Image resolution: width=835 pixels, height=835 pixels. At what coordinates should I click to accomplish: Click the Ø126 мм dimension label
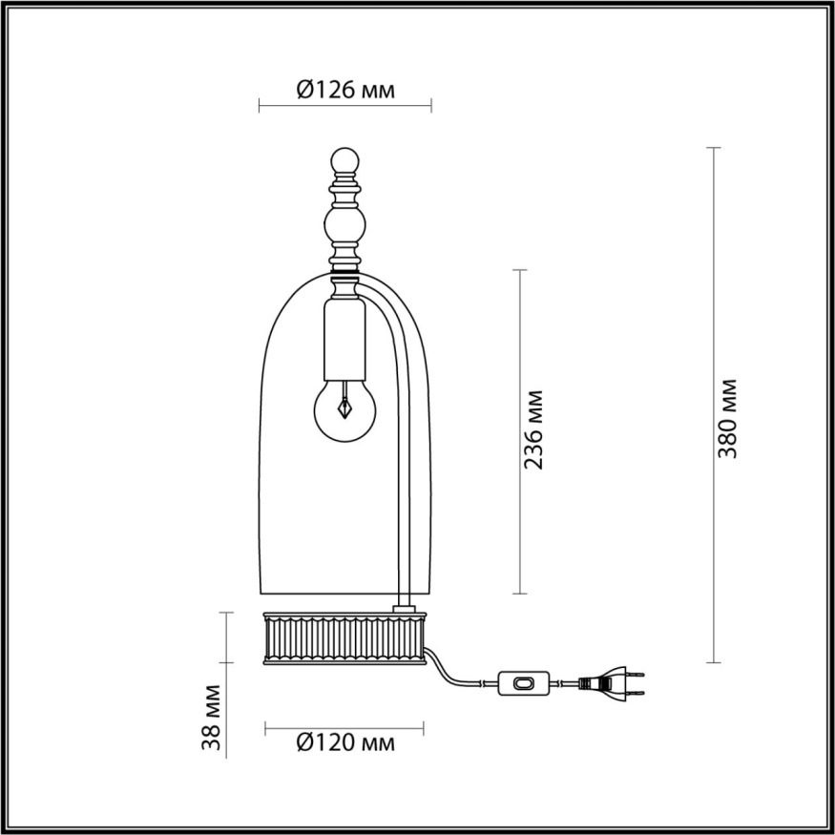tap(344, 90)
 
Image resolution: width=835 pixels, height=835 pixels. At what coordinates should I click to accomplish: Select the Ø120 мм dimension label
tap(344, 741)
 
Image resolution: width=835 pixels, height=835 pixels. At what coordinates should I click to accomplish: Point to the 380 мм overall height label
tap(729, 418)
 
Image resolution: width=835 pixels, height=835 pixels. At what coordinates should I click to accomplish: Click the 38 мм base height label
tap(216, 715)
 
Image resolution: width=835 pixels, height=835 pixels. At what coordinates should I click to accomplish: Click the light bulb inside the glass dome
tap(344, 407)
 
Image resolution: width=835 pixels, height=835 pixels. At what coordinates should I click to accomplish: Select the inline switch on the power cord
tap(521, 682)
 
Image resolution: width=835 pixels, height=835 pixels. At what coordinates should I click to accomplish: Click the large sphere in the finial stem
tap(344, 227)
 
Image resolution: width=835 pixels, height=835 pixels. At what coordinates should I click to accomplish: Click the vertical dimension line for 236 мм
tap(519, 430)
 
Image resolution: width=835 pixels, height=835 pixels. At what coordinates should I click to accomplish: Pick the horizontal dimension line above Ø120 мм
tap(344, 722)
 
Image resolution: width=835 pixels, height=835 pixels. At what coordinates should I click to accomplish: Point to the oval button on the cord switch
tap(522, 682)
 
